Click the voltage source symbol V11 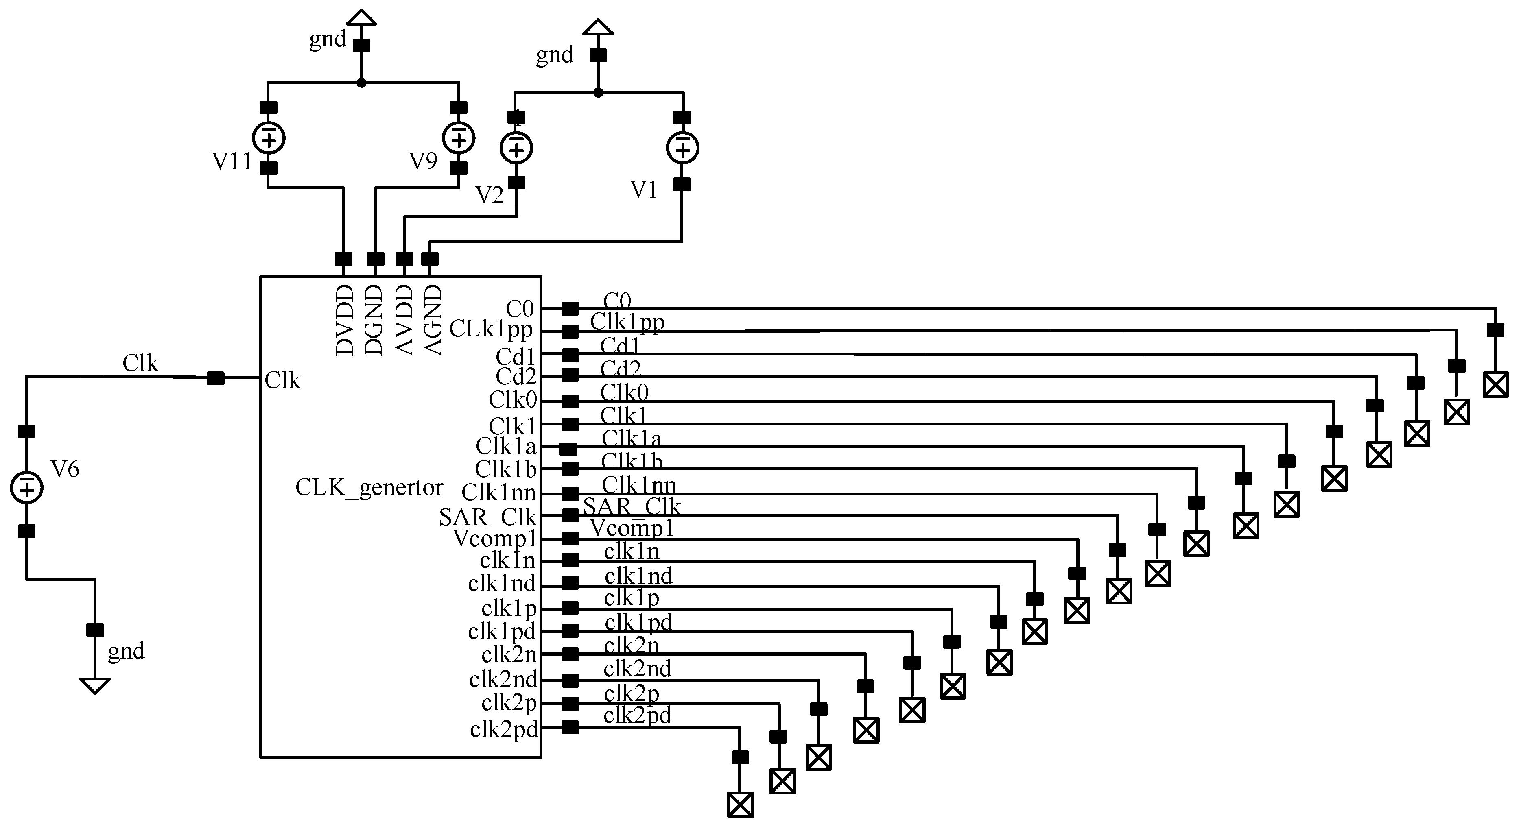pyautogui.click(x=269, y=139)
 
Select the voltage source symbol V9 pyautogui.click(x=459, y=139)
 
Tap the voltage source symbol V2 pyautogui.click(x=516, y=148)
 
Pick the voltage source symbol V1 pyautogui.click(x=682, y=148)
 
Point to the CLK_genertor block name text pyautogui.click(x=369, y=488)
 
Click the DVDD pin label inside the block pyautogui.click(x=344, y=320)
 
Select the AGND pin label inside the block pyautogui.click(x=433, y=320)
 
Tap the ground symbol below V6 pyautogui.click(x=94, y=685)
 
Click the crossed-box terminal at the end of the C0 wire pyautogui.click(x=1496, y=385)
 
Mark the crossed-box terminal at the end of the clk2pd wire pyautogui.click(x=740, y=805)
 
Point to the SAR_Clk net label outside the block pyautogui.click(x=632, y=506)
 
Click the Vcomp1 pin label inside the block pyautogui.click(x=495, y=539)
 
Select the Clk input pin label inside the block pyautogui.click(x=282, y=381)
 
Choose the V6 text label pyautogui.click(x=65, y=469)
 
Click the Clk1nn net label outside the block pyautogui.click(x=638, y=485)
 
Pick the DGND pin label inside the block pyautogui.click(x=374, y=320)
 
